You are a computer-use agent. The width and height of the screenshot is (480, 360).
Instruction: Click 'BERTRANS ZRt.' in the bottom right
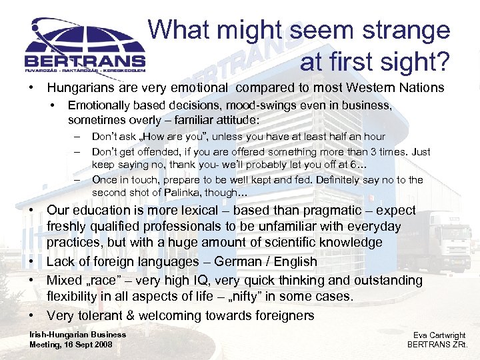tap(437, 345)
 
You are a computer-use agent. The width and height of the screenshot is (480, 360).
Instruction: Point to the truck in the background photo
tap(440, 240)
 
